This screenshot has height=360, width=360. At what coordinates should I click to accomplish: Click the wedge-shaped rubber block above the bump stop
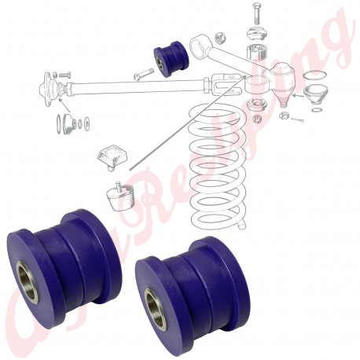110,156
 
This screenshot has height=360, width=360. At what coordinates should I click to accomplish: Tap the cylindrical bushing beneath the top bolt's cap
255,56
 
